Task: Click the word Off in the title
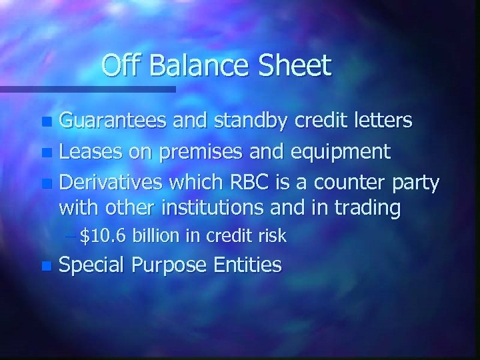121,66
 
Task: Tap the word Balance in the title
195,66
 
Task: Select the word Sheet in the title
293,66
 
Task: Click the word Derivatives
113,182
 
